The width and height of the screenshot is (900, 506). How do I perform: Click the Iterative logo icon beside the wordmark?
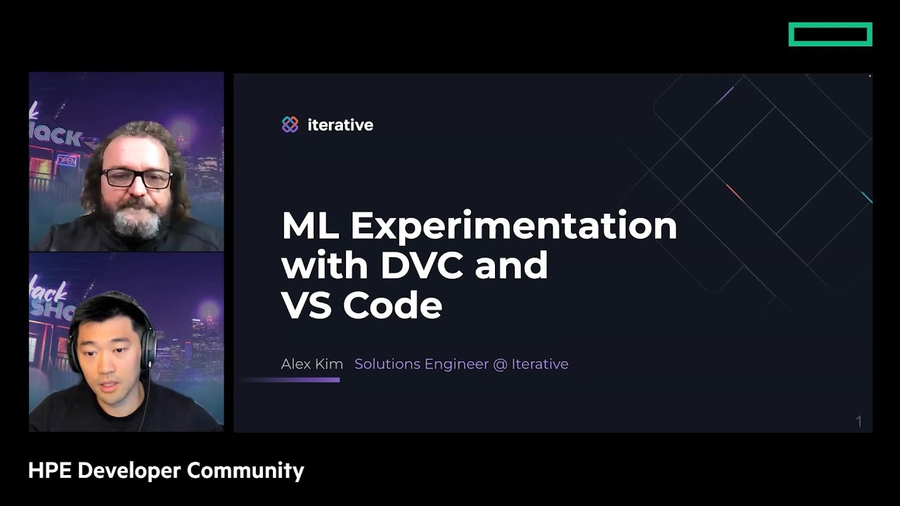pyautogui.click(x=290, y=124)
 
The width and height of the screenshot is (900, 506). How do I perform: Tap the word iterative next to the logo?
pyautogui.click(x=340, y=125)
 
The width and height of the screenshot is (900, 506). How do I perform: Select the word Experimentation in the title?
pyautogui.click(x=514, y=227)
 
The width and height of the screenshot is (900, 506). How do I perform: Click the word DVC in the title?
pyautogui.click(x=423, y=265)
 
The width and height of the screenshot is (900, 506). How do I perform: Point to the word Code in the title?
pyautogui.click(x=392, y=305)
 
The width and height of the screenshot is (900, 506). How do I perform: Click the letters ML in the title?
pyautogui.click(x=310, y=225)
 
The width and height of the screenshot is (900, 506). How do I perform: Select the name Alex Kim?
pyautogui.click(x=311, y=364)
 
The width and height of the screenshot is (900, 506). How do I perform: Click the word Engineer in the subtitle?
pyautogui.click(x=456, y=364)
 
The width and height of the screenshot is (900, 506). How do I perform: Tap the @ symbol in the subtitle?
pyautogui.click(x=500, y=364)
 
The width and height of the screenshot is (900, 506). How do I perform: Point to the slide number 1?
pyautogui.click(x=859, y=421)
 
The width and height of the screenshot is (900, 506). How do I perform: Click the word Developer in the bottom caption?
pyautogui.click(x=129, y=471)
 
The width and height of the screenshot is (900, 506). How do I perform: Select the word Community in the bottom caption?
pyautogui.click(x=245, y=471)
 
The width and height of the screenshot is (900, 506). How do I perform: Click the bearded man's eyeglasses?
pyautogui.click(x=137, y=179)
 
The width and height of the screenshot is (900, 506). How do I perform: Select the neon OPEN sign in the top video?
pyautogui.click(x=66, y=161)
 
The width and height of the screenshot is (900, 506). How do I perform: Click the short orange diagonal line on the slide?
pyautogui.click(x=734, y=193)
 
